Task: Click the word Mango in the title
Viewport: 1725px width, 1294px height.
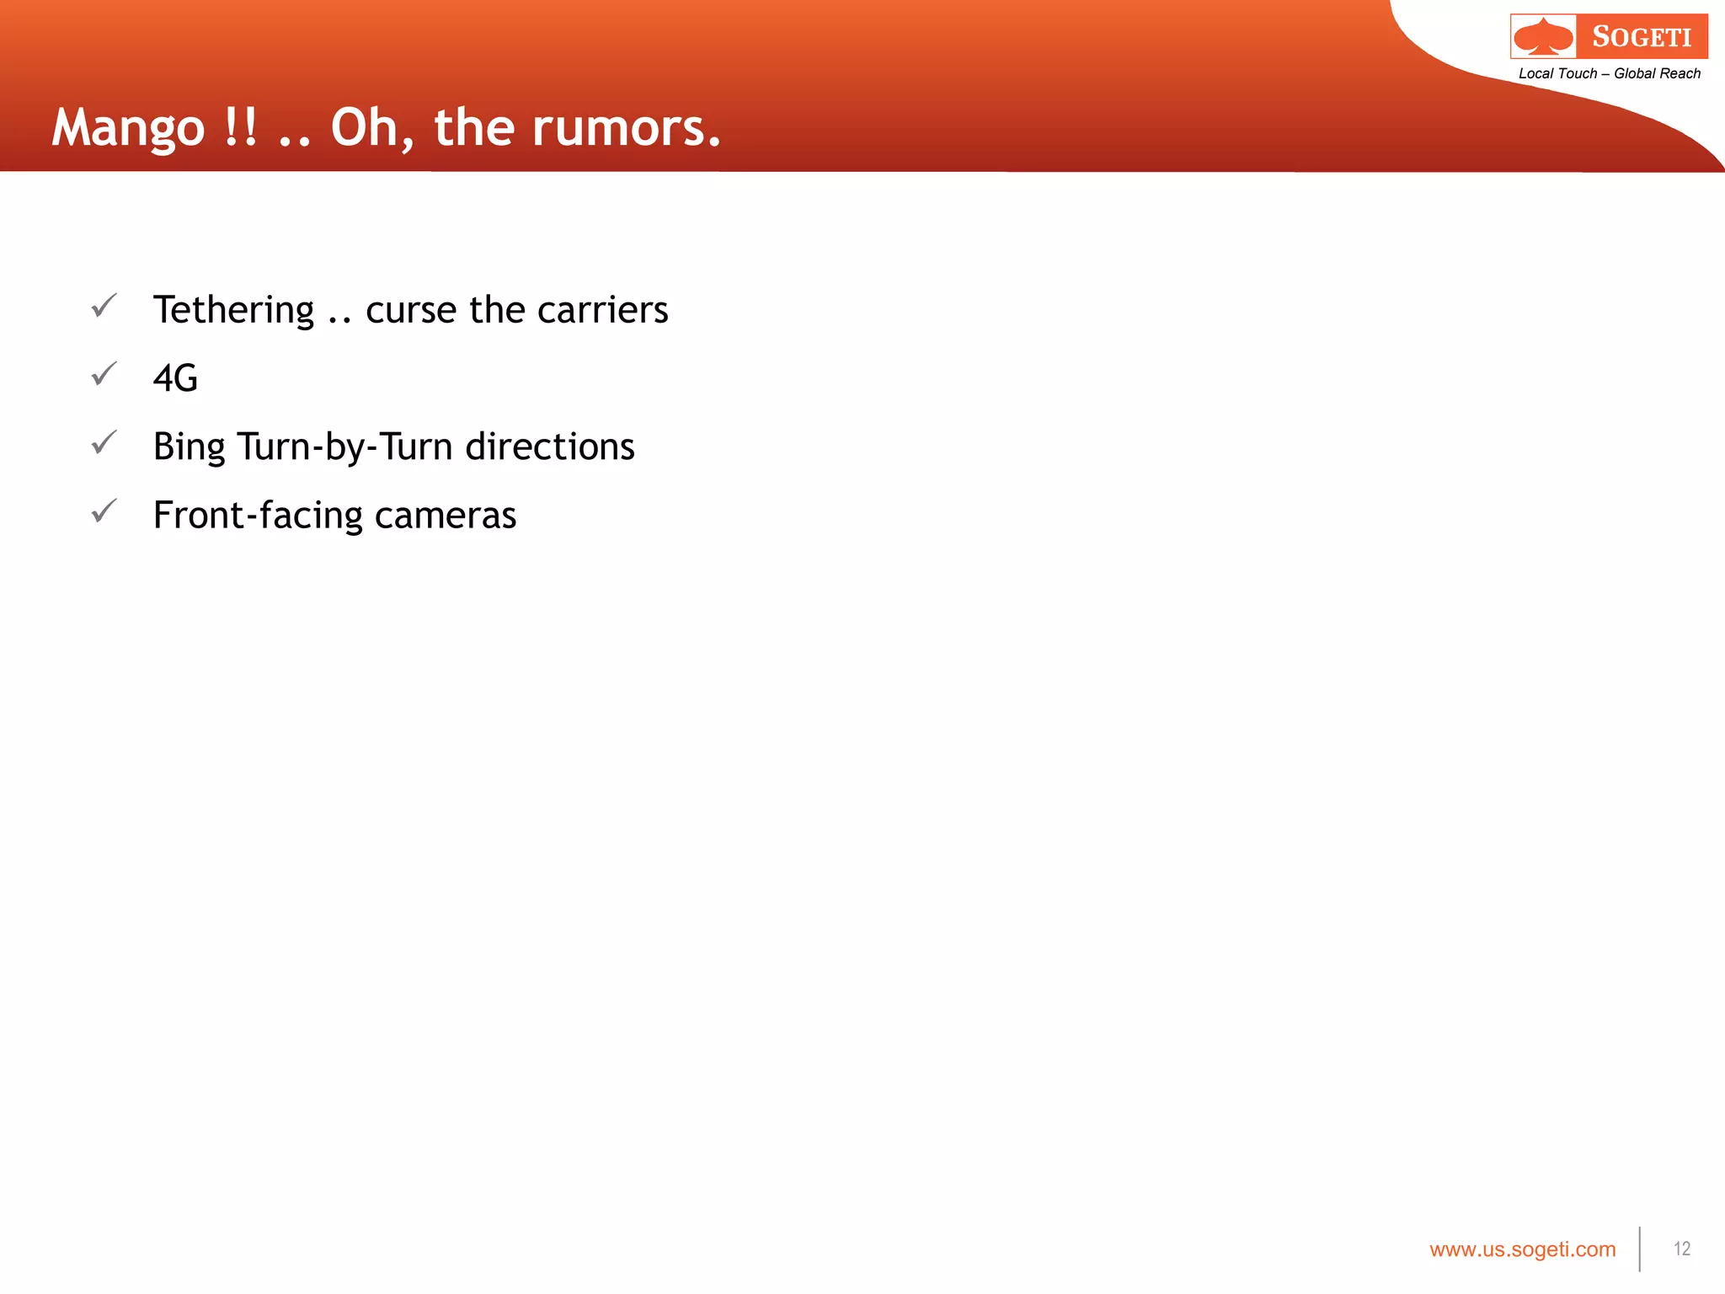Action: pos(128,129)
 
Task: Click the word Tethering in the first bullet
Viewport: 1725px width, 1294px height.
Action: pos(233,311)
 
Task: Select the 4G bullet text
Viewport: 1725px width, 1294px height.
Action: pos(175,378)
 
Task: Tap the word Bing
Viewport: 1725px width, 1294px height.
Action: pos(189,447)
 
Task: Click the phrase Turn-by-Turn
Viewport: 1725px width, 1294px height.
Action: pos(344,446)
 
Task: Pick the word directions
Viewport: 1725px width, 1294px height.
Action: pos(549,446)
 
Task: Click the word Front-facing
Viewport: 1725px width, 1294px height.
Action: pos(258,516)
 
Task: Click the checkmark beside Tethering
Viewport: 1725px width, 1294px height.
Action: pos(104,305)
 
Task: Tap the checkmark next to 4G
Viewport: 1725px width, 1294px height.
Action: pos(104,373)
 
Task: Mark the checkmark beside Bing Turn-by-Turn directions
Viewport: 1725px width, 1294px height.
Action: pos(104,441)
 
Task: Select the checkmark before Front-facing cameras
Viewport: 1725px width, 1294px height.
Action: pos(104,511)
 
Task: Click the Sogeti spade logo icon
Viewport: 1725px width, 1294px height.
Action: pos(1543,37)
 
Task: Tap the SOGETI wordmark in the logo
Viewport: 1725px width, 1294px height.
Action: pos(1642,37)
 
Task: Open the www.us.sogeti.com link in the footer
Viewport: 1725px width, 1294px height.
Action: pos(1522,1249)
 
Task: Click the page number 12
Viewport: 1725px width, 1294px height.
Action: pos(1682,1249)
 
